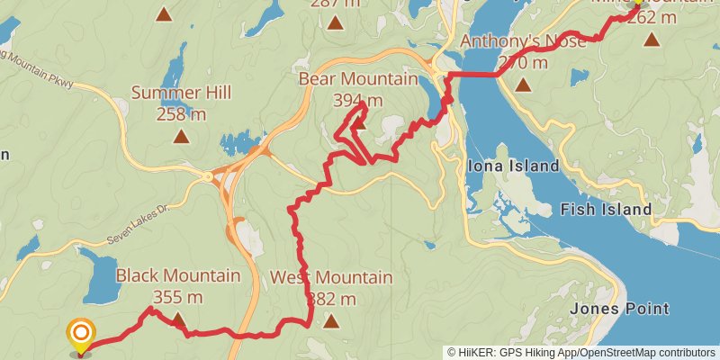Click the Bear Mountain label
tap(357, 79)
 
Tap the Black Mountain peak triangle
tap(178, 319)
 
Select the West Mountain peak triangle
tap(331, 319)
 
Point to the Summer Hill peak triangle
tap(181, 137)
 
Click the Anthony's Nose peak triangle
tap(523, 86)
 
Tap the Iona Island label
tap(513, 166)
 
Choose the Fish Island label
tap(606, 210)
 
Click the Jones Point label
tap(620, 309)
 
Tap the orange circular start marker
tap(81, 335)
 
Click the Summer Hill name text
tap(181, 93)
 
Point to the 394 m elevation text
tap(358, 99)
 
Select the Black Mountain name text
tap(178, 275)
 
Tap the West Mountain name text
tap(331, 277)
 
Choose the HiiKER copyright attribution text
tap(581, 353)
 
